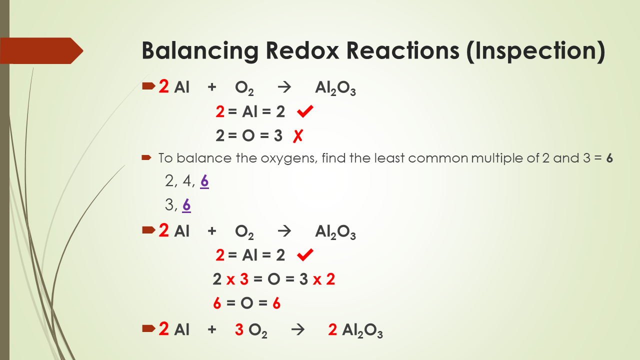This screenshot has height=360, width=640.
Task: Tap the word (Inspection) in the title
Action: (x=535, y=51)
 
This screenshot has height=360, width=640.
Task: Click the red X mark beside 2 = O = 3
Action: (x=298, y=135)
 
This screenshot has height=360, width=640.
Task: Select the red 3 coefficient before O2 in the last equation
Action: (x=239, y=330)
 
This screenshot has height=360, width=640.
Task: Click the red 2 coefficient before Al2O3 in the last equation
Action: (x=332, y=330)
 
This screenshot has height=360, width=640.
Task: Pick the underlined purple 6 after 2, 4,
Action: (x=204, y=181)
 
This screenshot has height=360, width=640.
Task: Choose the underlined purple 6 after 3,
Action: (x=186, y=205)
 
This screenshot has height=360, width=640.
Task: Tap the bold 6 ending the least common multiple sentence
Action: (x=609, y=158)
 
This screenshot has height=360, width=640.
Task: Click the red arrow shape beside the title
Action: (x=42, y=50)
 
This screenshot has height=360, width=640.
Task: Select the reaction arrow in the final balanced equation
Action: (x=298, y=330)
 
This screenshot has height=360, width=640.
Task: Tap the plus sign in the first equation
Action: (x=212, y=88)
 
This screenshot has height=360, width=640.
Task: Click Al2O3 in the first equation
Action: (x=335, y=89)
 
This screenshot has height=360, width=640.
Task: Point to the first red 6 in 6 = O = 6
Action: (x=217, y=303)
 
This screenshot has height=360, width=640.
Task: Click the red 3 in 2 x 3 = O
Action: (x=244, y=279)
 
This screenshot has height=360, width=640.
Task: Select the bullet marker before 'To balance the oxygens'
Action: (x=146, y=158)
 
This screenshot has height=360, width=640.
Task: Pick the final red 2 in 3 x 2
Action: (x=330, y=279)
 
